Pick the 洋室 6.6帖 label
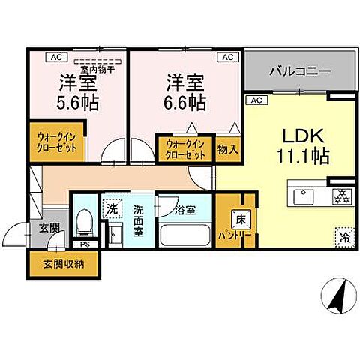pos(182,89)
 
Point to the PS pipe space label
pos(84,243)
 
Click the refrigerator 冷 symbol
pos(342,234)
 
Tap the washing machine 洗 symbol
pos(112,208)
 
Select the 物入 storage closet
pos(228,149)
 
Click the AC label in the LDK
pos(255,100)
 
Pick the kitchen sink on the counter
pos(304,196)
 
